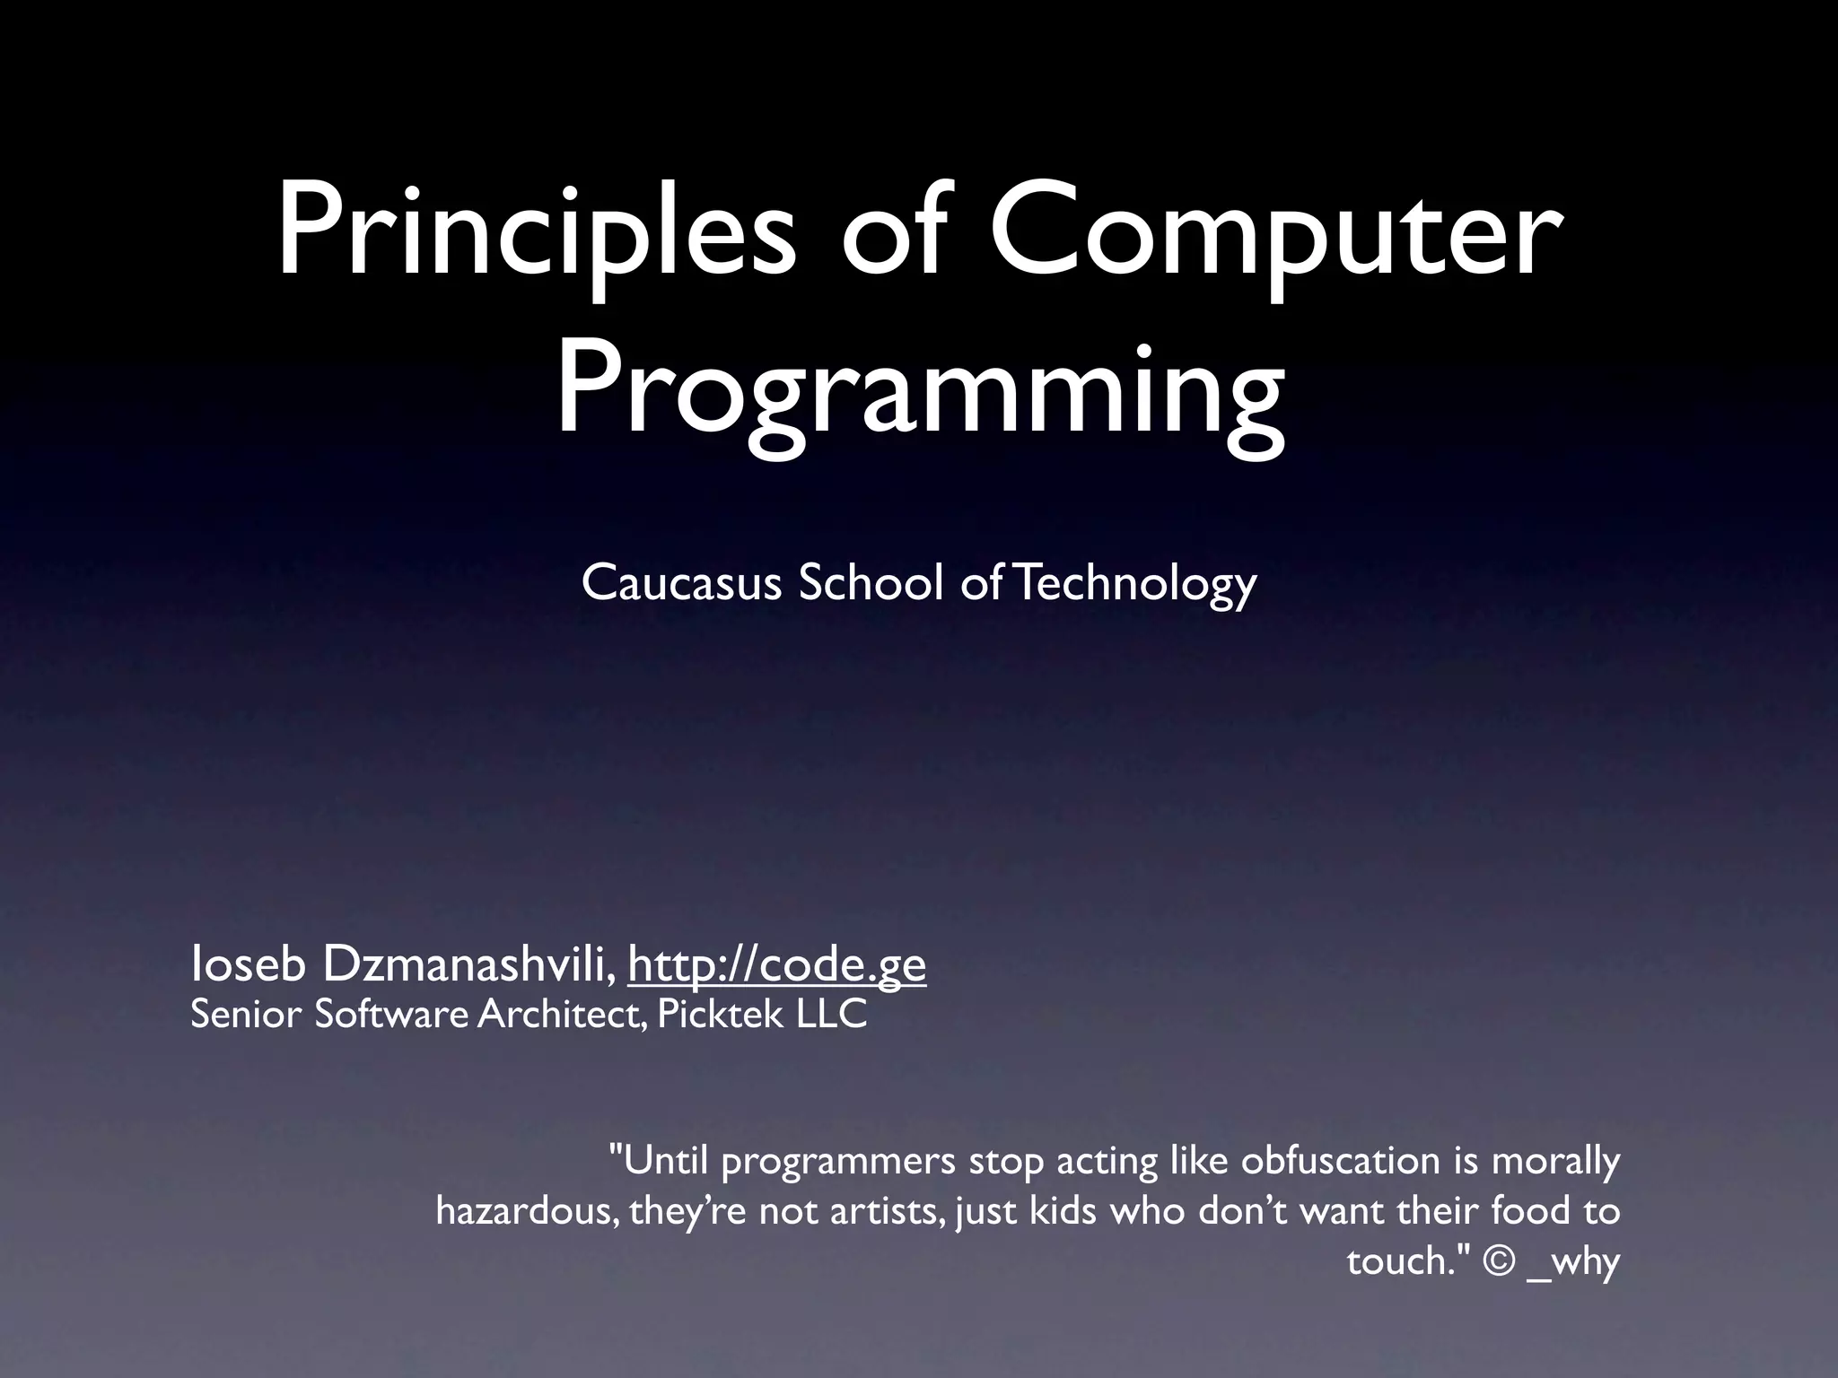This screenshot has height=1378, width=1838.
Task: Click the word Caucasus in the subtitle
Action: click(681, 583)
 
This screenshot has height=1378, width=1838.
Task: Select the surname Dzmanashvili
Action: click(467, 964)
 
